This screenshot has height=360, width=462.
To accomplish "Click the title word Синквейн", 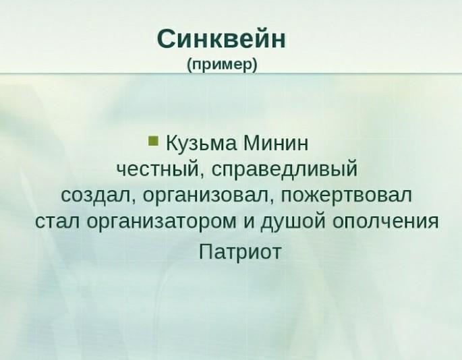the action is tap(221, 38).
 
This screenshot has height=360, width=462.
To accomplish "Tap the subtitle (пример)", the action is tap(223, 65).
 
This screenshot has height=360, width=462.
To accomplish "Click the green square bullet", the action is tap(153, 140).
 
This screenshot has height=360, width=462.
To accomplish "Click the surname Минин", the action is tap(276, 143).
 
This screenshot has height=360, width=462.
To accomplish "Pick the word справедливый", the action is tap(284, 170).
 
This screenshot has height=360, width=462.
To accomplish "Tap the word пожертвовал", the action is tap(346, 196).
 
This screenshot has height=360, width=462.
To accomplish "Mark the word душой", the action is tap(292, 222).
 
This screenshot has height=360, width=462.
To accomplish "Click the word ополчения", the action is tap(385, 221).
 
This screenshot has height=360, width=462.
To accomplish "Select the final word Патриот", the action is tap(240, 252).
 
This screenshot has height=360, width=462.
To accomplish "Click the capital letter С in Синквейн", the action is tap(167, 38).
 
